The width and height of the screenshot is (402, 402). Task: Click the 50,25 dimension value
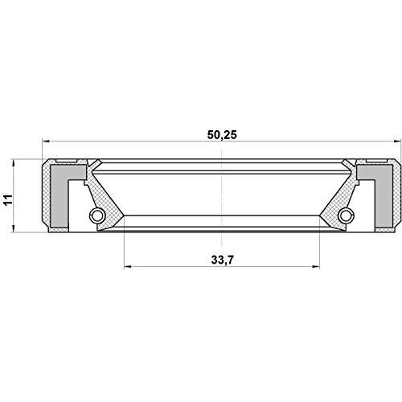[x=222, y=135]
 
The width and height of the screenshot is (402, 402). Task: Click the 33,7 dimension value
[x=222, y=260]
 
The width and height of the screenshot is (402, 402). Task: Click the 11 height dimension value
[x=8, y=199]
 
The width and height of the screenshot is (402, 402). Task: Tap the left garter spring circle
[x=96, y=215]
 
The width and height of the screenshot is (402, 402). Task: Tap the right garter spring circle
[x=346, y=215]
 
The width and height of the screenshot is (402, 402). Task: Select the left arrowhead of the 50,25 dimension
[x=46, y=142]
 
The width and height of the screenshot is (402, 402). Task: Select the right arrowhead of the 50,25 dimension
[x=397, y=142]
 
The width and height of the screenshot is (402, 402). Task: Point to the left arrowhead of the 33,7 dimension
[x=128, y=267]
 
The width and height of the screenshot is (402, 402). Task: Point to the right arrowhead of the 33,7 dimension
[x=316, y=267]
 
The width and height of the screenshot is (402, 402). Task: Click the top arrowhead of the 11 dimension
[x=13, y=162]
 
